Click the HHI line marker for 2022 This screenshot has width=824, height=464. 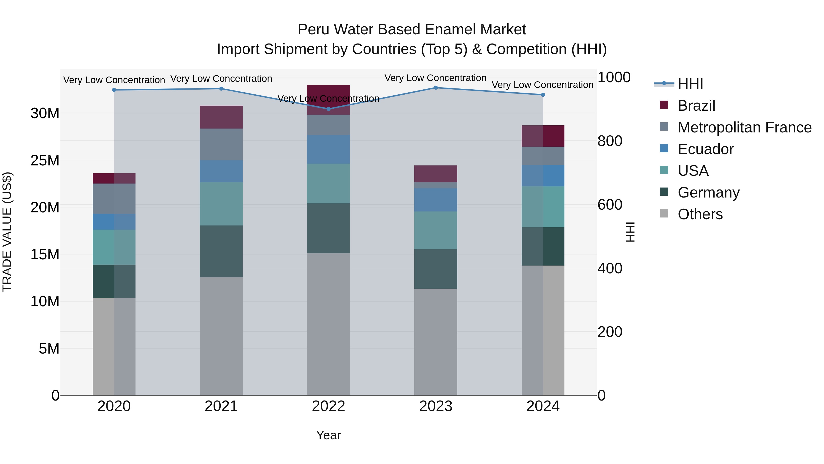coord(328,109)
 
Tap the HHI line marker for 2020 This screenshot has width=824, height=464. coord(114,90)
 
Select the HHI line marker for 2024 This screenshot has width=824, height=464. coord(543,95)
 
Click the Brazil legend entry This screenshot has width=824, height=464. coord(696,106)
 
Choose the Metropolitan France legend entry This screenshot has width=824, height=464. coord(744,127)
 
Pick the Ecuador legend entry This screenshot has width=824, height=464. coord(705,149)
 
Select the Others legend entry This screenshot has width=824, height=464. coord(700,214)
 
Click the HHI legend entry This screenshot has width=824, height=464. coord(690,84)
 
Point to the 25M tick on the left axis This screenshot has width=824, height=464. coord(45,160)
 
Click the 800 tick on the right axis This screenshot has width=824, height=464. coord(610,141)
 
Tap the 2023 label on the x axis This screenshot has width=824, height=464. coord(436,406)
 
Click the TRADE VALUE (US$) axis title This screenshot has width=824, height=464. coord(7,232)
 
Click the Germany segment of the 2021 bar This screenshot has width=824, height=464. coord(221,251)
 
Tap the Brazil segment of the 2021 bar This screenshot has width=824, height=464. coord(221,117)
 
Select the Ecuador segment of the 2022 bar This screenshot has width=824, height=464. coord(328,149)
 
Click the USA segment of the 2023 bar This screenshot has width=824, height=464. coord(436,230)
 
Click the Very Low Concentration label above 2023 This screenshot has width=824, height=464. coord(435,78)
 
